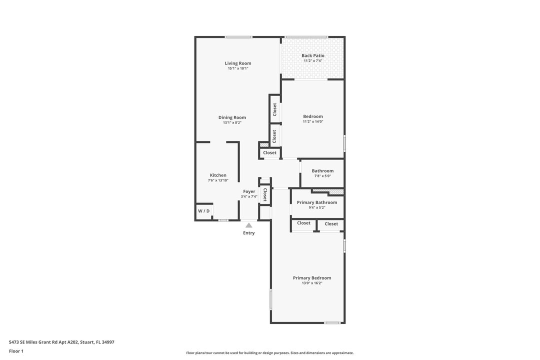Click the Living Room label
point(237,63)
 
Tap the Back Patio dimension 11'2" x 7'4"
point(312,61)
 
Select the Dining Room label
point(232,117)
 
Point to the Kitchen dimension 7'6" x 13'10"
point(218,180)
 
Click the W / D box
point(203,211)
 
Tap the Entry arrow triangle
point(248,225)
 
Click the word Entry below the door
point(248,233)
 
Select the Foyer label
point(249,191)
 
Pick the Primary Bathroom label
point(317,202)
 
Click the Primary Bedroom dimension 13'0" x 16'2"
point(311,283)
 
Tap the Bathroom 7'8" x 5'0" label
point(322,173)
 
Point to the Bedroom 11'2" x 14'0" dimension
point(312,121)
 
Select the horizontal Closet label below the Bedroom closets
point(269,153)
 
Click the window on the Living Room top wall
point(238,37)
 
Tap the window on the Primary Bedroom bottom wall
point(332,323)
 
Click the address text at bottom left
point(61,342)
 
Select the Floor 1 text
point(16,351)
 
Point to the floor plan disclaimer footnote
point(269,353)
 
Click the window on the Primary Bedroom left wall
point(271,299)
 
